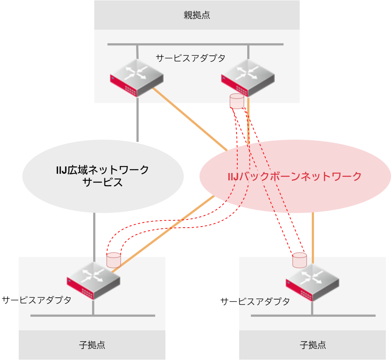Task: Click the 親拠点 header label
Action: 197,15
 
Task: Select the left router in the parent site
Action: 137,78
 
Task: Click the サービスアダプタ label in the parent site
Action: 190,58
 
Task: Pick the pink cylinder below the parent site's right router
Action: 237,101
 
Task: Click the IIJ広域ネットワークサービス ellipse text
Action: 103,176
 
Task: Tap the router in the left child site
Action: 94,280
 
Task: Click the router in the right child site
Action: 312,282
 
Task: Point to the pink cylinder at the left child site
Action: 113,260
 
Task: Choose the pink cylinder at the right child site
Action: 299,260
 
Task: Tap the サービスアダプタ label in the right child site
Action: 255,301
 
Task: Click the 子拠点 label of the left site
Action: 92,345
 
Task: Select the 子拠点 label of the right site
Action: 313,345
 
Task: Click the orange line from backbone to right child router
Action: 313,235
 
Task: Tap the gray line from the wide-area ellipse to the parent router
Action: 138,121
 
